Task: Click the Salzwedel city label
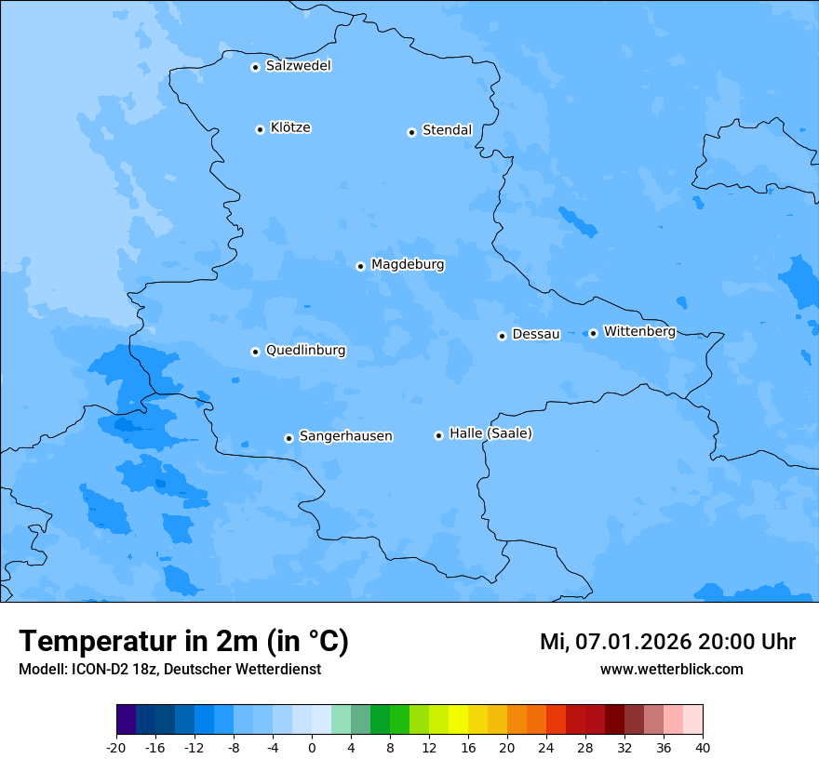(298, 66)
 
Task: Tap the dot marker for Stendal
(411, 132)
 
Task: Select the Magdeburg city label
(408, 265)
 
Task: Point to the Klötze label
(290, 128)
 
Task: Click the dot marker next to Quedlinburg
(255, 352)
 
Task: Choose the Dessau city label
(536, 334)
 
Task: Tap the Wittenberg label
(639, 331)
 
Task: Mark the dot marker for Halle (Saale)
(438, 435)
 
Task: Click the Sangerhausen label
(345, 436)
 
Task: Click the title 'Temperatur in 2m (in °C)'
(184, 642)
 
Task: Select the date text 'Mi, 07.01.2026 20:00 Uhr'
(667, 642)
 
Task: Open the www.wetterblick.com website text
(671, 669)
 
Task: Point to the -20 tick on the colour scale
(116, 747)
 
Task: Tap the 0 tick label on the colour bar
(312, 747)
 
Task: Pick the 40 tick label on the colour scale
(703, 747)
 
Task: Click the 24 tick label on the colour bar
(546, 747)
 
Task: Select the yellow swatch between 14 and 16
(458, 720)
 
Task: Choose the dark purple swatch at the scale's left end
(126, 720)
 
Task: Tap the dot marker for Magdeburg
(360, 266)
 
